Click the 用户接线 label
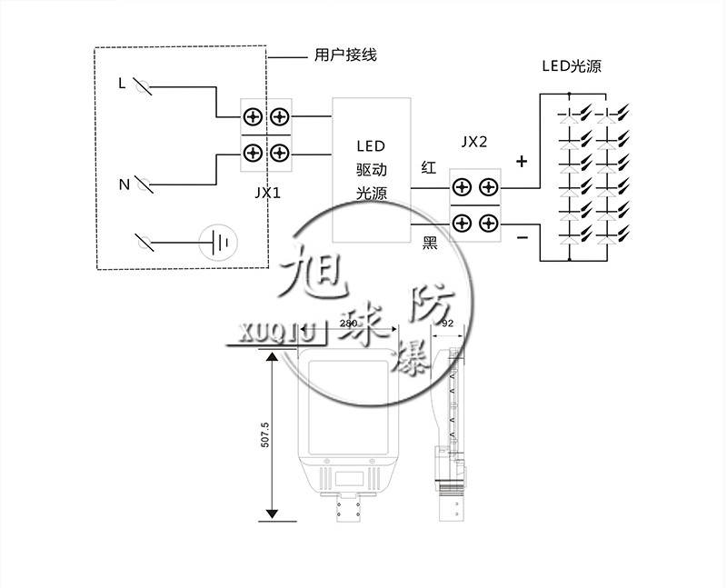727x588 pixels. tap(344, 55)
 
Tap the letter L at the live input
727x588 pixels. tap(122, 84)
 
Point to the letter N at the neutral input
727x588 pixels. tap(124, 184)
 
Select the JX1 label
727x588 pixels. tap(267, 194)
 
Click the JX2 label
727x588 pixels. tap(474, 143)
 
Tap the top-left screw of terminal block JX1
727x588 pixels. tap(252, 116)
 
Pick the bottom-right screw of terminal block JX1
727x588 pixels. tap(280, 152)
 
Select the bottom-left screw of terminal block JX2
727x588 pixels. tap(463, 223)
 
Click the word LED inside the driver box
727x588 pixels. tap(370, 146)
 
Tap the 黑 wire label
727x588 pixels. tap(431, 243)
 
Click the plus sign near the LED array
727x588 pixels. tap(522, 163)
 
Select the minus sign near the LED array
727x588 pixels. tap(523, 237)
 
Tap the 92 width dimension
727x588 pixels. tap(447, 323)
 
